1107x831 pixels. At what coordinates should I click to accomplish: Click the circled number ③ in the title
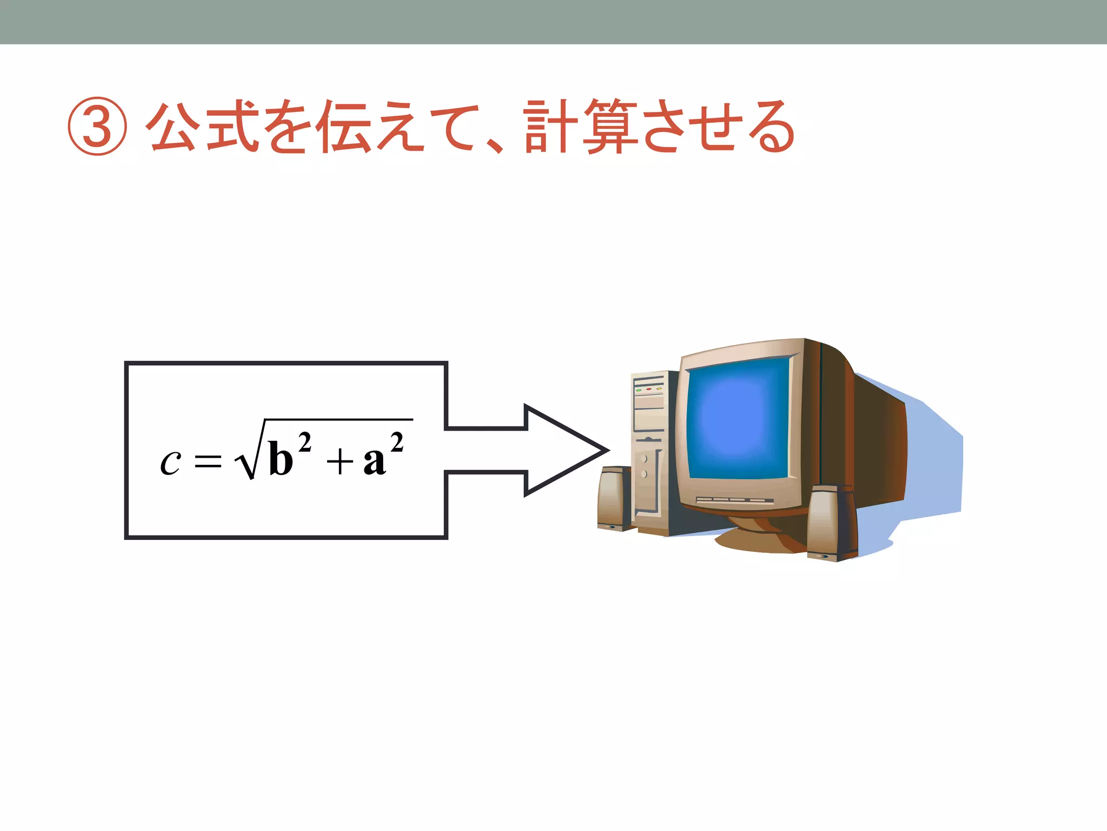tap(97, 127)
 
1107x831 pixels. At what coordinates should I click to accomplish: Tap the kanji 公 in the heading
tap(174, 126)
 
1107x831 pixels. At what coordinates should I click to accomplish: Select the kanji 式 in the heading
tap(232, 126)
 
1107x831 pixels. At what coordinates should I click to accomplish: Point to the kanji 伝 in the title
tap(345, 127)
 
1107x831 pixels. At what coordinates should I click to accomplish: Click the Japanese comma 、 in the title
tap(494, 144)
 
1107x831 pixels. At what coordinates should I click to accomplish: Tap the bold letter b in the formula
tap(281, 459)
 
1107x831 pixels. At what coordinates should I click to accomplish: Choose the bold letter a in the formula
tap(375, 461)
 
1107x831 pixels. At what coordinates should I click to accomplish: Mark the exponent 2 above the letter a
tap(397, 443)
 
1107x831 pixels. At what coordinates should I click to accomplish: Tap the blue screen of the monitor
tap(737, 420)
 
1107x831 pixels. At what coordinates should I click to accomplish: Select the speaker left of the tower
tap(614, 498)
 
